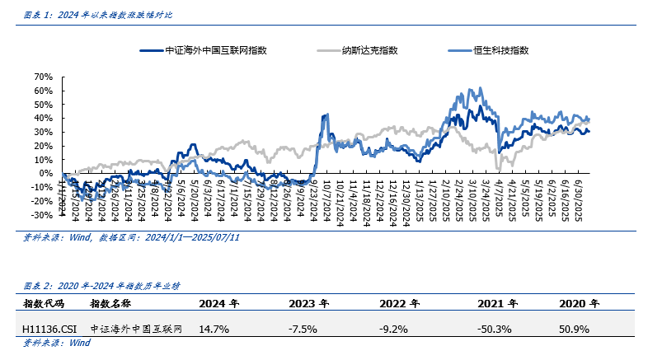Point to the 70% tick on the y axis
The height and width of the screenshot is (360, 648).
pos(43,77)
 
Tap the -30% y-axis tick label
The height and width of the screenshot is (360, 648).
pos(42,214)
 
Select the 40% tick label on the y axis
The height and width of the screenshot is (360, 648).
pos(43,118)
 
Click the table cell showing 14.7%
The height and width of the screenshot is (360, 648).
pos(214,328)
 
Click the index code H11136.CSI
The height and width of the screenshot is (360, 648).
pos(50,328)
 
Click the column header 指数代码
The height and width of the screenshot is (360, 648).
pos(42,303)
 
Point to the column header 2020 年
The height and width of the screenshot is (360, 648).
pos(577,303)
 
